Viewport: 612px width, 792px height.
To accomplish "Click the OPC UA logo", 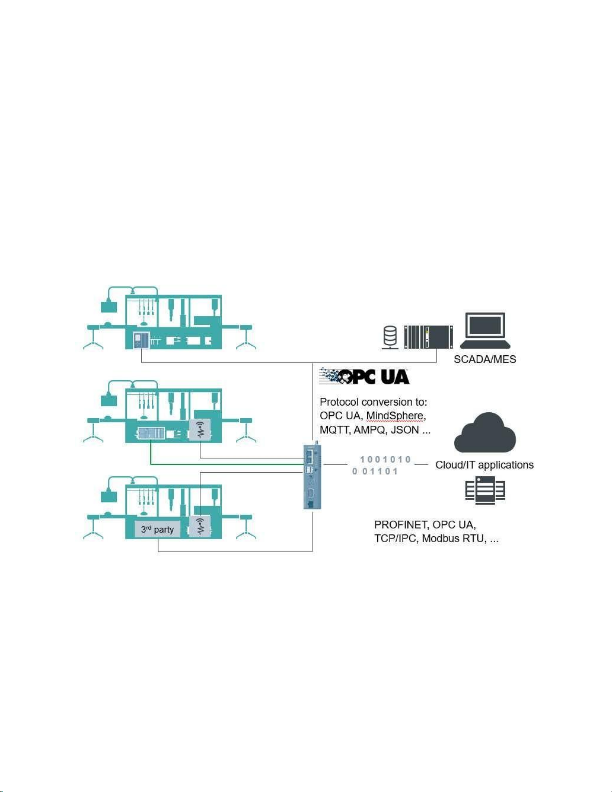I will coord(364,376).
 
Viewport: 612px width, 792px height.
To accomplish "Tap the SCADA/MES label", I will coord(485,359).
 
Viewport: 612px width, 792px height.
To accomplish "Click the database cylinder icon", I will coord(390,336).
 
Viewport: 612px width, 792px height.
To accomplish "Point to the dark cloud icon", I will coord(484,434).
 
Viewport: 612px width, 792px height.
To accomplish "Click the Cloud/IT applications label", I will coord(484,465).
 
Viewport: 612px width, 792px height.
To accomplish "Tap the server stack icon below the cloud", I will coord(485,490).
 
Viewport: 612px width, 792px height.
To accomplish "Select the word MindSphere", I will coord(395,416).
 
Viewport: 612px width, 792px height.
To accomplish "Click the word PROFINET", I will coord(401,525).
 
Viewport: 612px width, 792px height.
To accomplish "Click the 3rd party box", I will coord(157,530).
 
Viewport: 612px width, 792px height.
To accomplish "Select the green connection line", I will coord(225,464).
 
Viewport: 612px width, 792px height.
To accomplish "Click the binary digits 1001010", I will coord(385,459).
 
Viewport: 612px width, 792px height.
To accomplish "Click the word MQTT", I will coord(334,430).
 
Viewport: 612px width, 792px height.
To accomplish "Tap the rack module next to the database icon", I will coord(429,336).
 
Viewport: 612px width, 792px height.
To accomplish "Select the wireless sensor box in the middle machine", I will coord(200,430).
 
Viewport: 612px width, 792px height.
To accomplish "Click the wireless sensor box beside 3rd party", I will coord(200,526).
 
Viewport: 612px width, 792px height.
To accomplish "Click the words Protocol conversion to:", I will coord(373,402).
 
